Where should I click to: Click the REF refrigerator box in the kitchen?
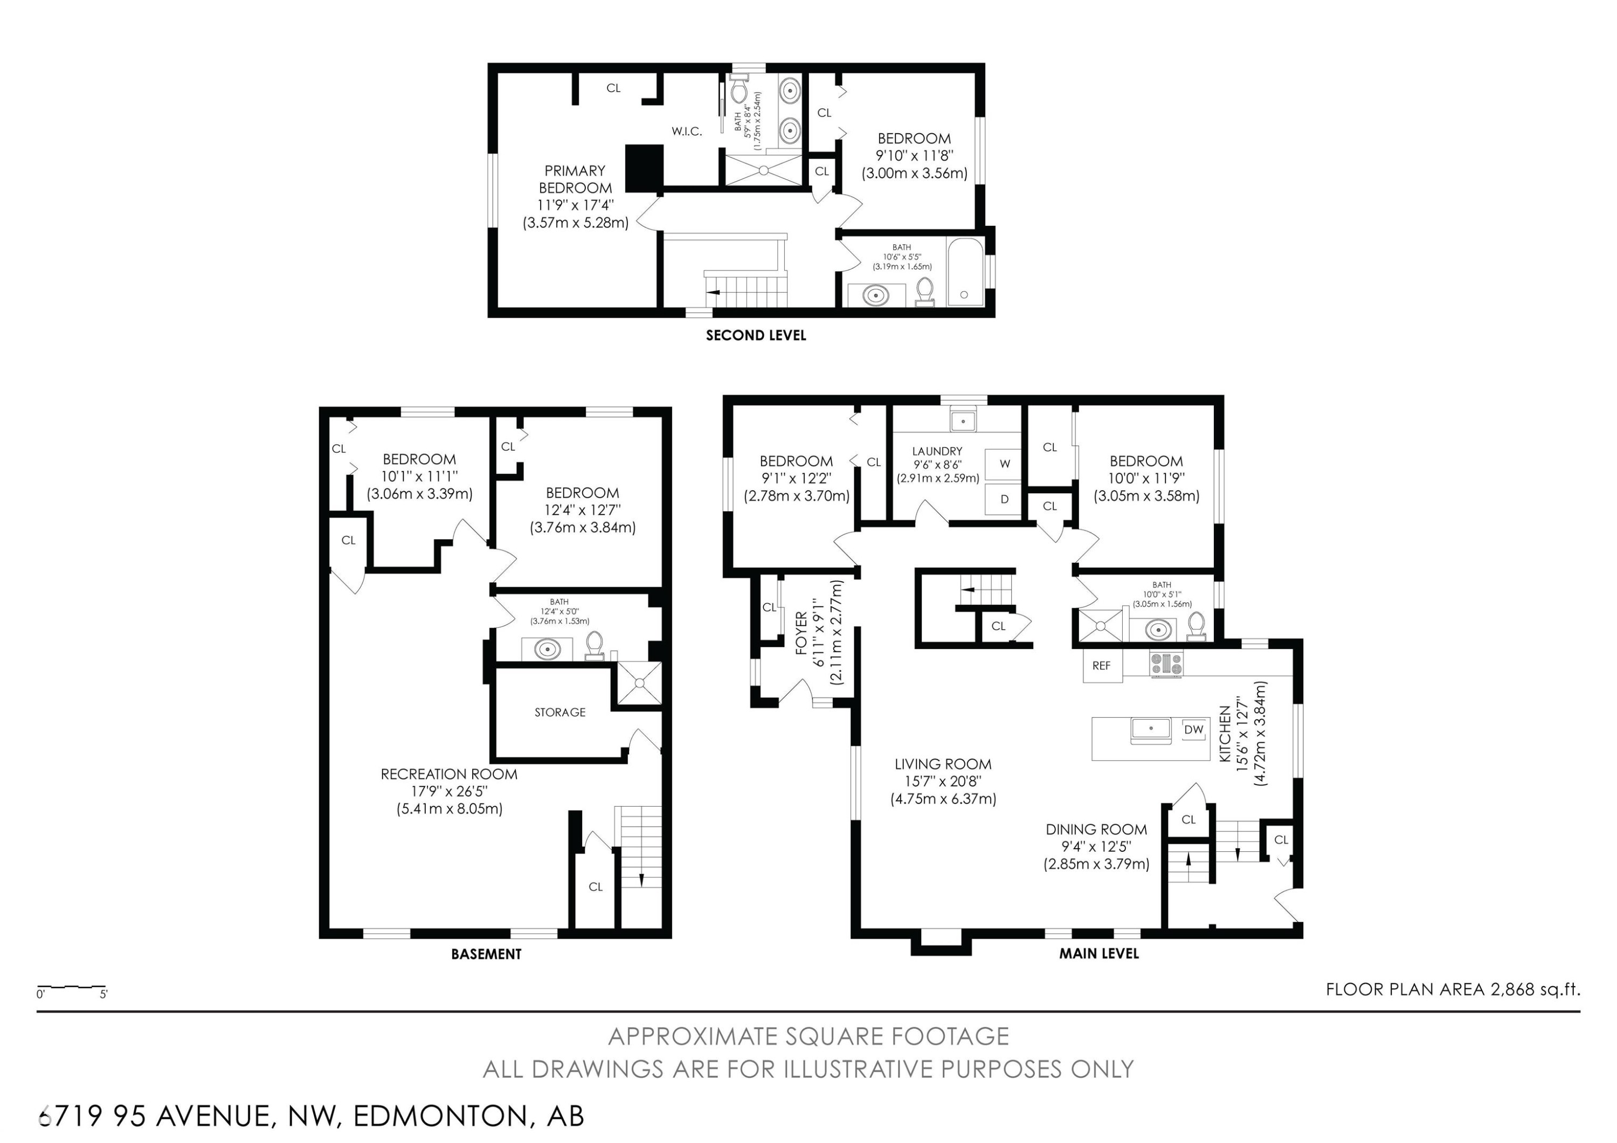[x=1102, y=665]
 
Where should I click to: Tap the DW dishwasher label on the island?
[x=1194, y=729]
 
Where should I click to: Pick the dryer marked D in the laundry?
[x=1004, y=499]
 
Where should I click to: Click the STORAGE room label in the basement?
[x=560, y=712]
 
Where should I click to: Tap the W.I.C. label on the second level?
[x=686, y=132]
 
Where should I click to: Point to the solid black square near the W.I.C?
[x=645, y=168]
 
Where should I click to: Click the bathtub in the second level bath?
[x=965, y=273]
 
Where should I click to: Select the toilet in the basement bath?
[x=595, y=644]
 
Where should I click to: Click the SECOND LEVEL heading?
[x=756, y=336]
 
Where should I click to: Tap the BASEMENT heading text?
[x=486, y=954]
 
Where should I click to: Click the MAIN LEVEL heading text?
[x=1098, y=954]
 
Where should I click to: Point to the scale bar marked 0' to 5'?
[x=71, y=989]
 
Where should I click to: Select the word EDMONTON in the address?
[x=439, y=1116]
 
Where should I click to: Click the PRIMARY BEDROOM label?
[x=575, y=180]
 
